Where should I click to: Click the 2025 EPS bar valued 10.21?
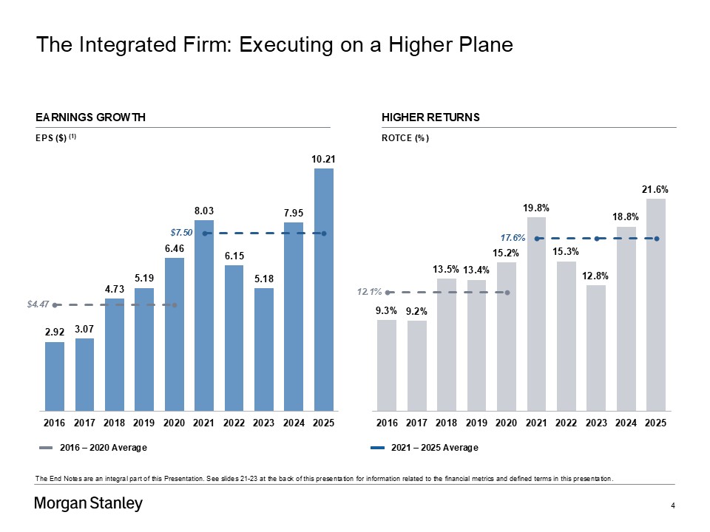click(323, 289)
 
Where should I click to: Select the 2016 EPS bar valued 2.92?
click(55, 376)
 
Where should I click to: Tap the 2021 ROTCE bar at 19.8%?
click(536, 313)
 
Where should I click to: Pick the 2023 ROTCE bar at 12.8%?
click(596, 347)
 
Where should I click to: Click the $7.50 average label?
click(181, 233)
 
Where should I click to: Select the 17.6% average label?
click(513, 238)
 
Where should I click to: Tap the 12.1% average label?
click(369, 292)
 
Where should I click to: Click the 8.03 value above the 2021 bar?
click(204, 211)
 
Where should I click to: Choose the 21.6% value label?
click(655, 190)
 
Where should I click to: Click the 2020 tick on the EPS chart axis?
click(174, 423)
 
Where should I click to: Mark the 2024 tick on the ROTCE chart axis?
click(626, 423)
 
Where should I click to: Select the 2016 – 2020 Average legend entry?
click(93, 448)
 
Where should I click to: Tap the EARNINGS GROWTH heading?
click(90, 117)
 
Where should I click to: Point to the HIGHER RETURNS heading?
click(430, 117)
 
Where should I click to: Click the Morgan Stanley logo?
click(89, 505)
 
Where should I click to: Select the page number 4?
click(672, 505)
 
